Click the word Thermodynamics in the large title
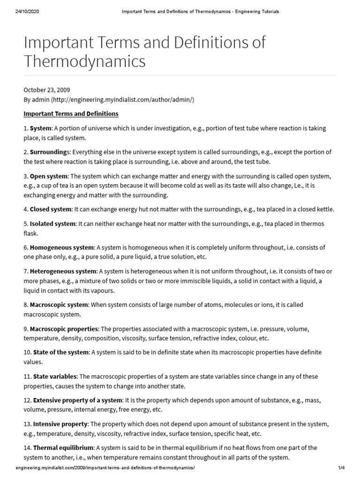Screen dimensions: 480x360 pyautogui.click(x=84, y=61)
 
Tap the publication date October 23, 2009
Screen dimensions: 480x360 pyautogui.click(x=47, y=90)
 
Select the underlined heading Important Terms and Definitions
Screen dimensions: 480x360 pyautogui.click(x=71, y=114)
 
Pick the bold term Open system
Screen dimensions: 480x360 pyautogui.click(x=49, y=176)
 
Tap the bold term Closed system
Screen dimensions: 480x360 pyautogui.click(x=51, y=209)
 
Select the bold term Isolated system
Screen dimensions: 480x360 pyautogui.click(x=52, y=224)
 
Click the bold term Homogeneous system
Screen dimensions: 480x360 pyautogui.click(x=62, y=247)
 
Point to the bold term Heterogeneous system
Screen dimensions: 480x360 pyautogui.click(x=63, y=271)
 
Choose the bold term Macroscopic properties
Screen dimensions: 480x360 pyautogui.click(x=64, y=329)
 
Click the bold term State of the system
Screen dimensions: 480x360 pyautogui.click(x=60, y=352)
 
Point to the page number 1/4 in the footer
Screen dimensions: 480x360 pyautogui.click(x=341, y=468)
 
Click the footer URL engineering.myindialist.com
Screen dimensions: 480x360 pyautogui.click(x=105, y=468)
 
